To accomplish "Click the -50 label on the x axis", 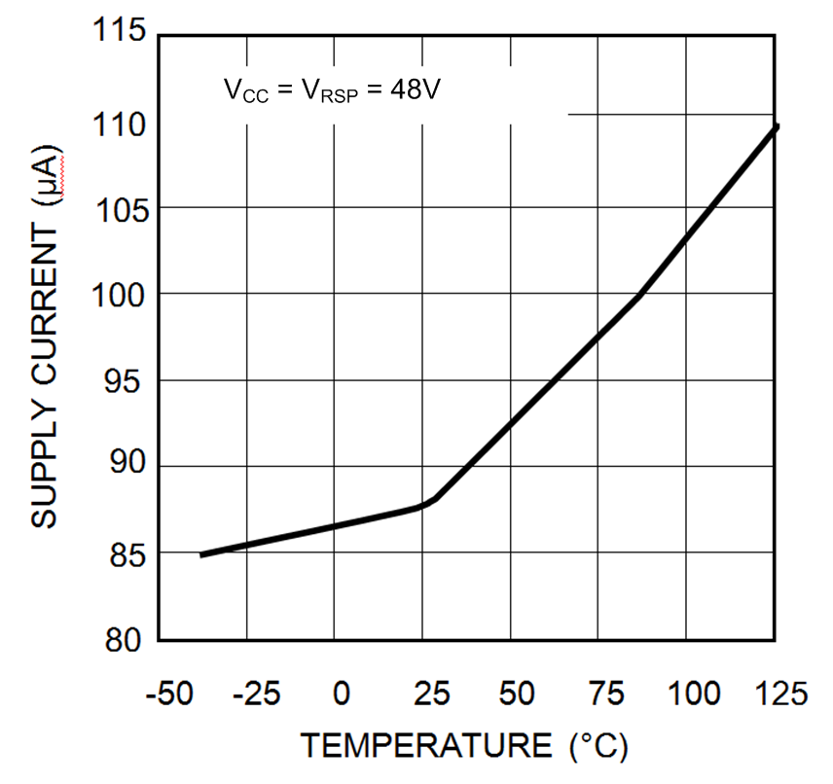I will tap(167, 695).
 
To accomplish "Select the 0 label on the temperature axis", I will tap(341, 695).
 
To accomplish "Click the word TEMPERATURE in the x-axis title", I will tap(426, 746).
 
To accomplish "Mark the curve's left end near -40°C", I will tap(202, 554).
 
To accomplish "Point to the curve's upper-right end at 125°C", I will tap(776, 127).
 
